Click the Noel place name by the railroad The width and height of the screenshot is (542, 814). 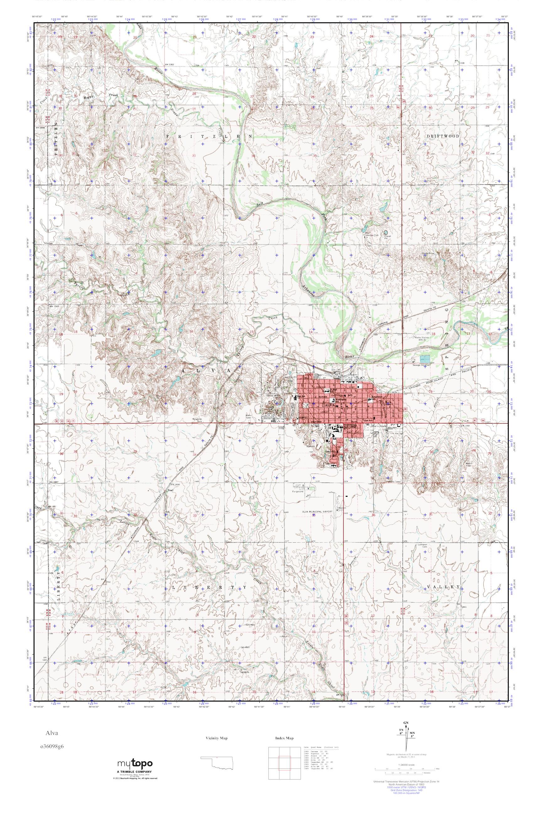coord(170,491)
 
